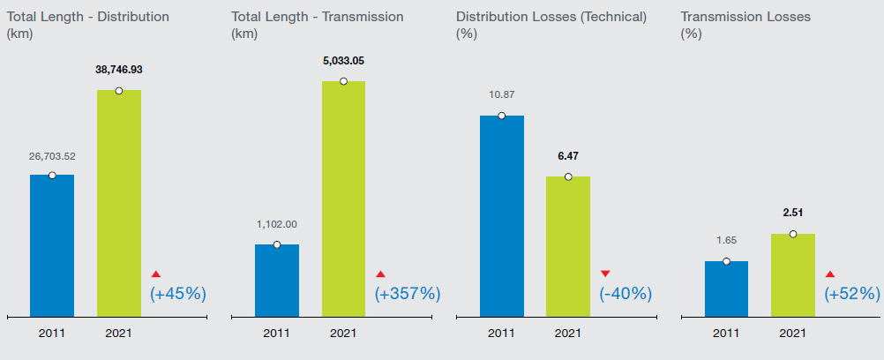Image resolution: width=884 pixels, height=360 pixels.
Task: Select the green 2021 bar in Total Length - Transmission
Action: tap(343, 199)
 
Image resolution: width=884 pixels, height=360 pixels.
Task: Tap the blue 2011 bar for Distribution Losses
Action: tap(501, 216)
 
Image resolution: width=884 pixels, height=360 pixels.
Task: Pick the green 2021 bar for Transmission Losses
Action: tap(792, 274)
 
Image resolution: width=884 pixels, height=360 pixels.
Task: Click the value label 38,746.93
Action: tap(119, 69)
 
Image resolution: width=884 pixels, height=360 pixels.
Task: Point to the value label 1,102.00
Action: tap(277, 224)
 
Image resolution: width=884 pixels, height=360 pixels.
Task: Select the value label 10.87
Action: tap(501, 94)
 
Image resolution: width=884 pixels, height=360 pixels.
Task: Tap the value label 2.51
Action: tap(792, 213)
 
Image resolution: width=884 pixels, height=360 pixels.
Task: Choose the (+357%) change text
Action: tap(408, 293)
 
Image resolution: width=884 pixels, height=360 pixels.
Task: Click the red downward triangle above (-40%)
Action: tap(605, 274)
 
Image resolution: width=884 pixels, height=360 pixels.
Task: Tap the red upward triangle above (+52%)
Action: tap(830, 274)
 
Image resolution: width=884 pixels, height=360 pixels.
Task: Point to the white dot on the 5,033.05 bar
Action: tap(343, 82)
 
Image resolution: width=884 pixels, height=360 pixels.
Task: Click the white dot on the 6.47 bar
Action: tap(568, 176)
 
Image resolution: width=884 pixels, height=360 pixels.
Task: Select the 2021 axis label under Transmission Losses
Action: tap(792, 334)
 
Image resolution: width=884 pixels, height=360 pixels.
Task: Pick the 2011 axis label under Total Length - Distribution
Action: tap(52, 334)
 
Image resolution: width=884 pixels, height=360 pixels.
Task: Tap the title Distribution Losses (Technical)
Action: tap(551, 17)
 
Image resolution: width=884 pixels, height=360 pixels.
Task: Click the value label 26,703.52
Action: tap(52, 156)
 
